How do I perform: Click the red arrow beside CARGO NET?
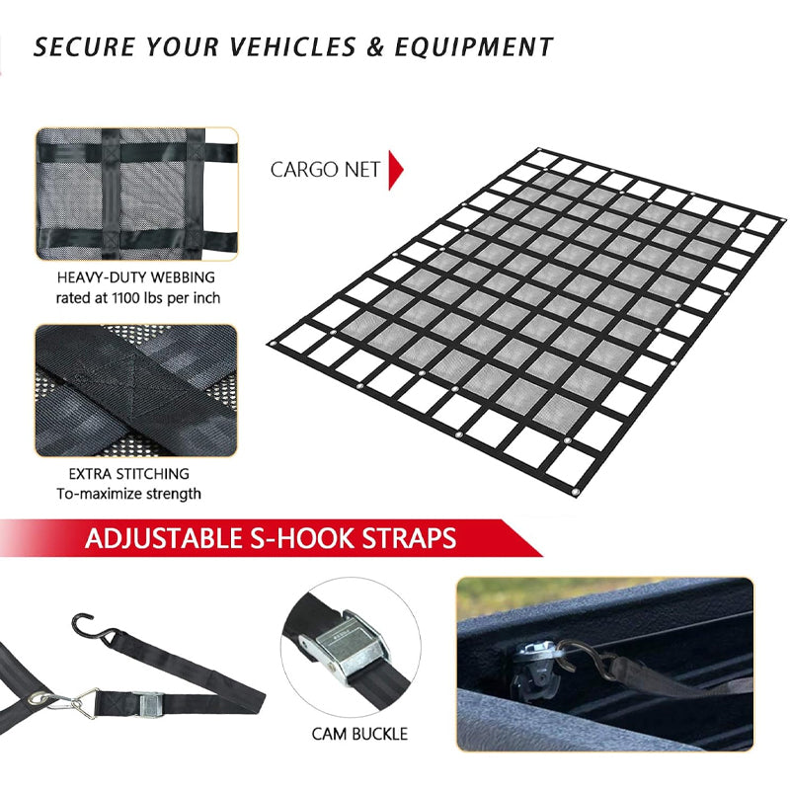coord(396,170)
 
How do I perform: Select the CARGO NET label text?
coord(325,170)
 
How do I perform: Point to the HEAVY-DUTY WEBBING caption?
coord(137,278)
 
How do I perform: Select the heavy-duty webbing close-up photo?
coord(137,194)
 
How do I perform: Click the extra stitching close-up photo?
coord(137,390)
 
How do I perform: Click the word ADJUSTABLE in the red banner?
coord(164,538)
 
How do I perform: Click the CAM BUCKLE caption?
coord(358,734)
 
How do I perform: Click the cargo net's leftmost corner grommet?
coord(274,342)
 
